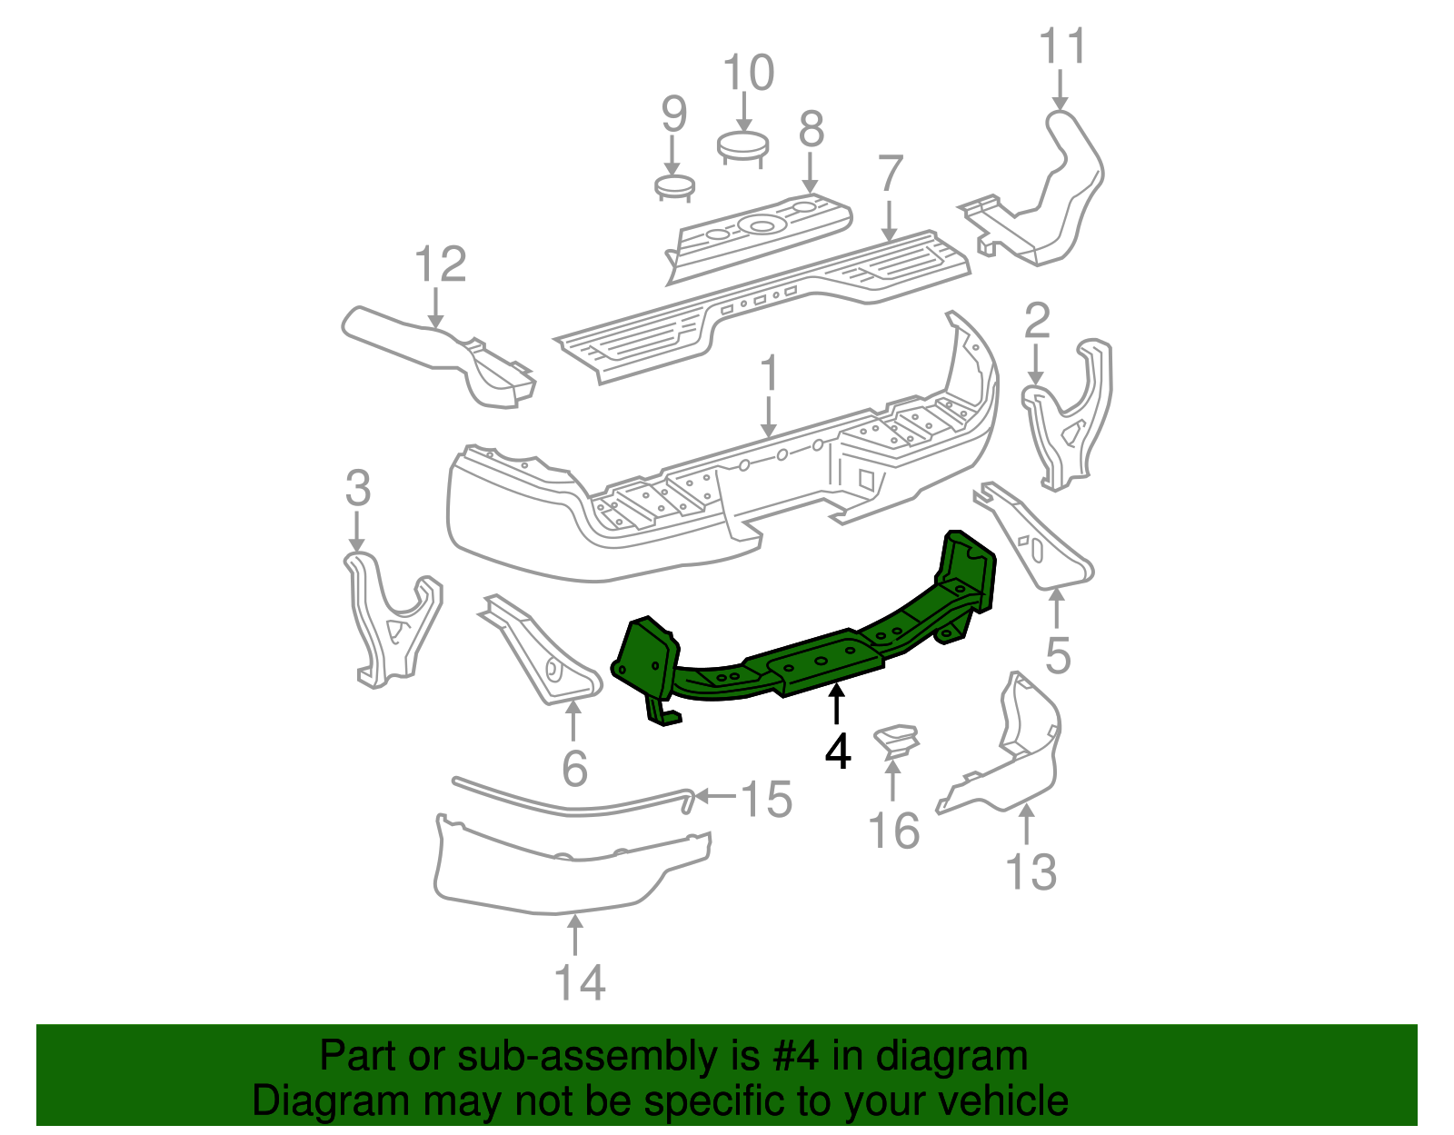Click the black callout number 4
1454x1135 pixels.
(x=838, y=752)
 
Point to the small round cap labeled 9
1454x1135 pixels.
(x=674, y=187)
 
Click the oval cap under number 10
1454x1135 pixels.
(x=742, y=145)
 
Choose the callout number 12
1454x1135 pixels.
(x=440, y=264)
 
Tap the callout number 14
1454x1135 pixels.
(x=579, y=982)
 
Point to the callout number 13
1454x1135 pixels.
(x=1031, y=872)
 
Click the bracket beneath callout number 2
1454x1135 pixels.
(x=1068, y=418)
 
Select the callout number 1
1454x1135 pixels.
(x=769, y=374)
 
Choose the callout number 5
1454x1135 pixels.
(x=1058, y=655)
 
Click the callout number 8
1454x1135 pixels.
(x=811, y=129)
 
